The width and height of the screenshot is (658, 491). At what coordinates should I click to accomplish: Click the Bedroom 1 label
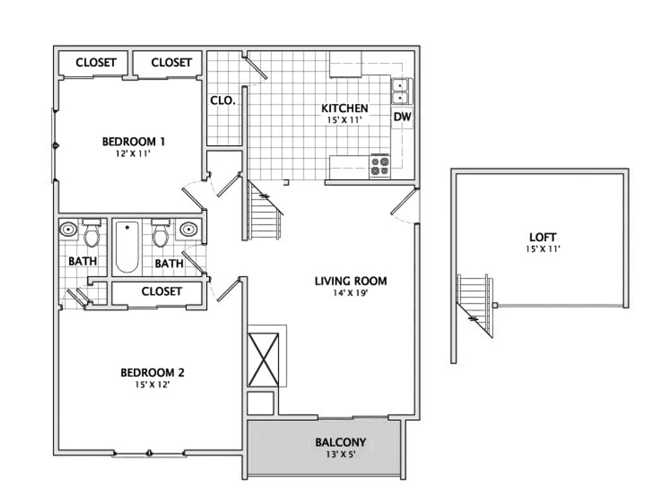[134, 142]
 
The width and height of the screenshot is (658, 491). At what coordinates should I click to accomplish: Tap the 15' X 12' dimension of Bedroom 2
[152, 385]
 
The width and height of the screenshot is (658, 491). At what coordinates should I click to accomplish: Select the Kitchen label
[344, 108]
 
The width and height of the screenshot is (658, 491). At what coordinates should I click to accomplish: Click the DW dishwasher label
[402, 117]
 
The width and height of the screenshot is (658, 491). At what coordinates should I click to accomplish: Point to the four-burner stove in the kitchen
[380, 166]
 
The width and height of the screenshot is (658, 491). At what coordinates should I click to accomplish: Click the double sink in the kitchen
[400, 91]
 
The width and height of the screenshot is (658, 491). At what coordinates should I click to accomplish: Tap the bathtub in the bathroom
[127, 247]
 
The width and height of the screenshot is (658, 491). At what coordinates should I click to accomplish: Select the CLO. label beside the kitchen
[223, 100]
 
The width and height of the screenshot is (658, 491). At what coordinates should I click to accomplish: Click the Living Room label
[351, 281]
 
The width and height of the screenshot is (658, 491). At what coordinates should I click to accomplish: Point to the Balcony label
[340, 442]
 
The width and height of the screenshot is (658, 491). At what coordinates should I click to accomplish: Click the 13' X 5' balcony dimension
[340, 455]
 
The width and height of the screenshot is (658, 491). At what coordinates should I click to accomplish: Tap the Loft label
[543, 237]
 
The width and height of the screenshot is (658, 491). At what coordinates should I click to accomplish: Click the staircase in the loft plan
[475, 302]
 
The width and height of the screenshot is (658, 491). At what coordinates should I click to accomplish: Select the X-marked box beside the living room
[263, 360]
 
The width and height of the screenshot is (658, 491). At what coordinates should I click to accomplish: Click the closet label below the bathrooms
[161, 292]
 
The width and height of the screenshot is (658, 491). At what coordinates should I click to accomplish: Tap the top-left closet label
[96, 63]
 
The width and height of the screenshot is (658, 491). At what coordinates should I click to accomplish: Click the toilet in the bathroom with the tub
[160, 235]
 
